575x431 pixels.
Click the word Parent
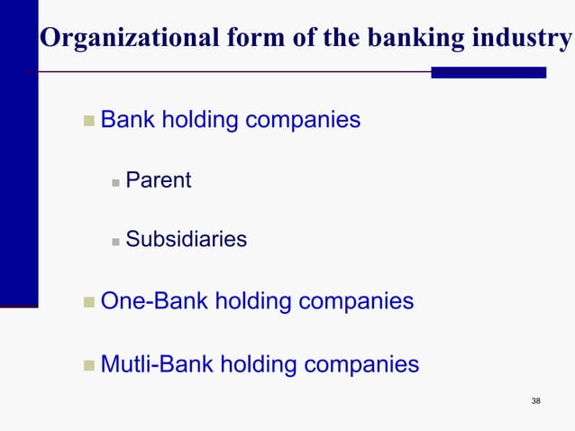[158, 180]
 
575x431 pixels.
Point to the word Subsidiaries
[186, 240]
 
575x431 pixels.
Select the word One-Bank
[152, 300]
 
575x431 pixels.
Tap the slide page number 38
[536, 400]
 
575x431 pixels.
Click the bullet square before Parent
[115, 182]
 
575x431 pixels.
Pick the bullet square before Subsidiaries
[115, 242]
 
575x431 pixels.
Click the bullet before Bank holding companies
[88, 121]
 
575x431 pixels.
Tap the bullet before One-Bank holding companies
[88, 302]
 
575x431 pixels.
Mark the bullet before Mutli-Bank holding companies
[88, 366]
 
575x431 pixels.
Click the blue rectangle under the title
[488, 72]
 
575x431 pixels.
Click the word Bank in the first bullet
[127, 119]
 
